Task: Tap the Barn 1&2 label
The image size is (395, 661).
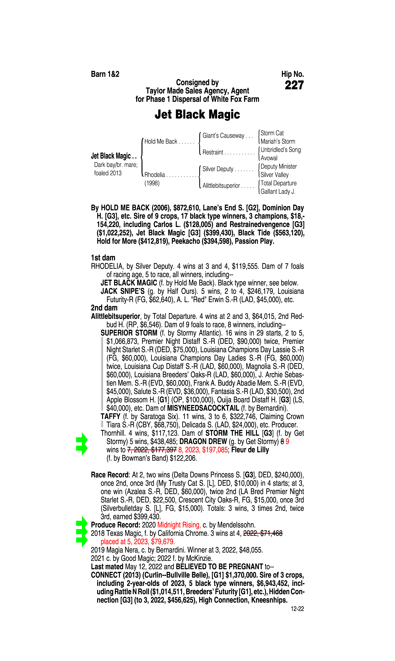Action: click(105, 74)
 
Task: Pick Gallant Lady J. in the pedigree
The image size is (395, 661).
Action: click(278, 191)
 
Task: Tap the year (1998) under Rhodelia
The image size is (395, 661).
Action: click(152, 183)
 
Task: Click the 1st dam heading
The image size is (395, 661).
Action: click(103, 258)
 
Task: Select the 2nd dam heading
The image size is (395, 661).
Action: click(104, 308)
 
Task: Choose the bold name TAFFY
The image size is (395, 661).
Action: click(111, 416)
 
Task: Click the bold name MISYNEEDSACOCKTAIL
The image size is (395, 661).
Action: click(203, 408)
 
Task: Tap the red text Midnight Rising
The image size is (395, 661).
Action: click(179, 525)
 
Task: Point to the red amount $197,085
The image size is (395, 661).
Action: click(215, 450)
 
